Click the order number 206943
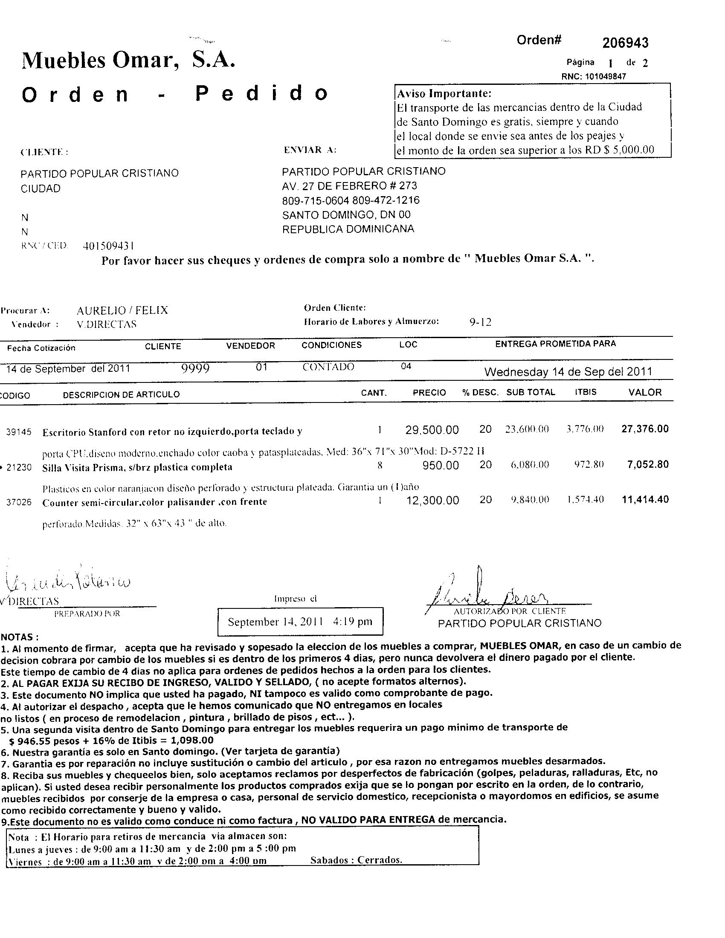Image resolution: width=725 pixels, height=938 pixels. [625, 43]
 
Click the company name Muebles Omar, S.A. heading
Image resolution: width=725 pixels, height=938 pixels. [128, 61]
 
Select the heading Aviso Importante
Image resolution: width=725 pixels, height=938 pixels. [444, 93]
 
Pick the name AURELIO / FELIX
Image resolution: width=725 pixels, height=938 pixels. [122, 310]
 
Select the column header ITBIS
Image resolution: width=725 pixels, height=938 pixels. [586, 392]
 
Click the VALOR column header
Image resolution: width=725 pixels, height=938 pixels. [645, 392]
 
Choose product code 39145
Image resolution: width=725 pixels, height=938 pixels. [19, 432]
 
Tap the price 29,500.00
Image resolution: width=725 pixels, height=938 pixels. [432, 429]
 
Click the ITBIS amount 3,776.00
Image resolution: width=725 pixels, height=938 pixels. [585, 429]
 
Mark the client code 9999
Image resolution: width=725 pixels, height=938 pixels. [195, 368]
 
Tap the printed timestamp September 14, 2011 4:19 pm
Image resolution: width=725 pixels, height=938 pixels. [300, 622]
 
